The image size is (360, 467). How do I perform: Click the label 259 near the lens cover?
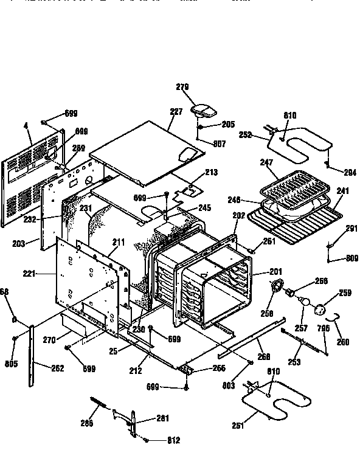click(x=345, y=294)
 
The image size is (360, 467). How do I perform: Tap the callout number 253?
click(x=294, y=363)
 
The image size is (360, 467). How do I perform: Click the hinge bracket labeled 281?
click(x=131, y=420)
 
